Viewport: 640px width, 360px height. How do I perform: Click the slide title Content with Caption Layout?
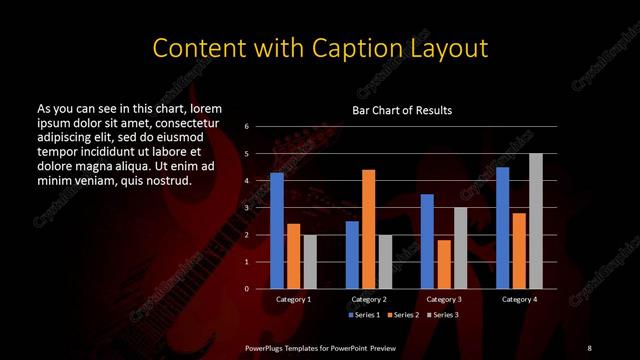pos(319,48)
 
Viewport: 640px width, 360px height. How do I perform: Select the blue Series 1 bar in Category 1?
pos(277,231)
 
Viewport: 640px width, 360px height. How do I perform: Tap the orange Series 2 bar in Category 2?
pos(369,229)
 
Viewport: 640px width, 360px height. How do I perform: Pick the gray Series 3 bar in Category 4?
pos(536,221)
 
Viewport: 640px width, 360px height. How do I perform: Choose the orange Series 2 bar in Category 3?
pos(444,264)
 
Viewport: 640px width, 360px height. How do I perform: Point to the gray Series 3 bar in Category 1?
pos(310,262)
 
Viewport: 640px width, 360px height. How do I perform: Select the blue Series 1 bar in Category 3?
pos(427,241)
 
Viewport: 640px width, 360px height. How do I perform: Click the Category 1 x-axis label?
pos(293,299)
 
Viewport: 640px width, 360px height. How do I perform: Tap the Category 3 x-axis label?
pos(444,299)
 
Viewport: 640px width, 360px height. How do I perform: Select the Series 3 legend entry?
pos(444,315)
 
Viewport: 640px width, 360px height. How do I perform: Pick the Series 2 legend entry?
pos(404,315)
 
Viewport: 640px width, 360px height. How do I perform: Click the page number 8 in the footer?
pos(590,347)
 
